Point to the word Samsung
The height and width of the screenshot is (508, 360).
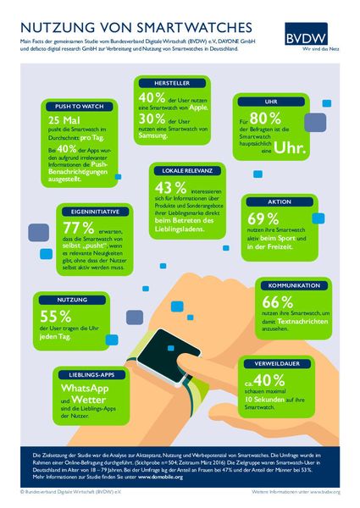click(154, 135)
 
